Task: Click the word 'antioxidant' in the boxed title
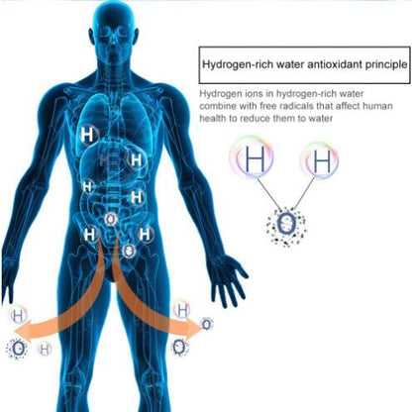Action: pyautogui.click(x=335, y=64)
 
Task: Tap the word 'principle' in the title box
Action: pyautogui.click(x=386, y=65)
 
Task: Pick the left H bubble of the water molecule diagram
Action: pyautogui.click(x=252, y=157)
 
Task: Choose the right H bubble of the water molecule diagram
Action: pyautogui.click(x=320, y=160)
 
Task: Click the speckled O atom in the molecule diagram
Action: pyautogui.click(x=286, y=225)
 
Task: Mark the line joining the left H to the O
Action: pyautogui.click(x=267, y=192)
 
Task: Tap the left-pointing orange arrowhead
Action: pyautogui.click(x=24, y=330)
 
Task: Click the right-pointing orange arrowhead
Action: pyautogui.click(x=193, y=326)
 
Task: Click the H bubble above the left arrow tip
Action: pyautogui.click(x=18, y=316)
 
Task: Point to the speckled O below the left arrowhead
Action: pyautogui.click(x=17, y=349)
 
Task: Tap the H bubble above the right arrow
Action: pyautogui.click(x=182, y=309)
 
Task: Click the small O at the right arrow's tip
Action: pyautogui.click(x=207, y=324)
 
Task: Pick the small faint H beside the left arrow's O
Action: pyautogui.click(x=45, y=349)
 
